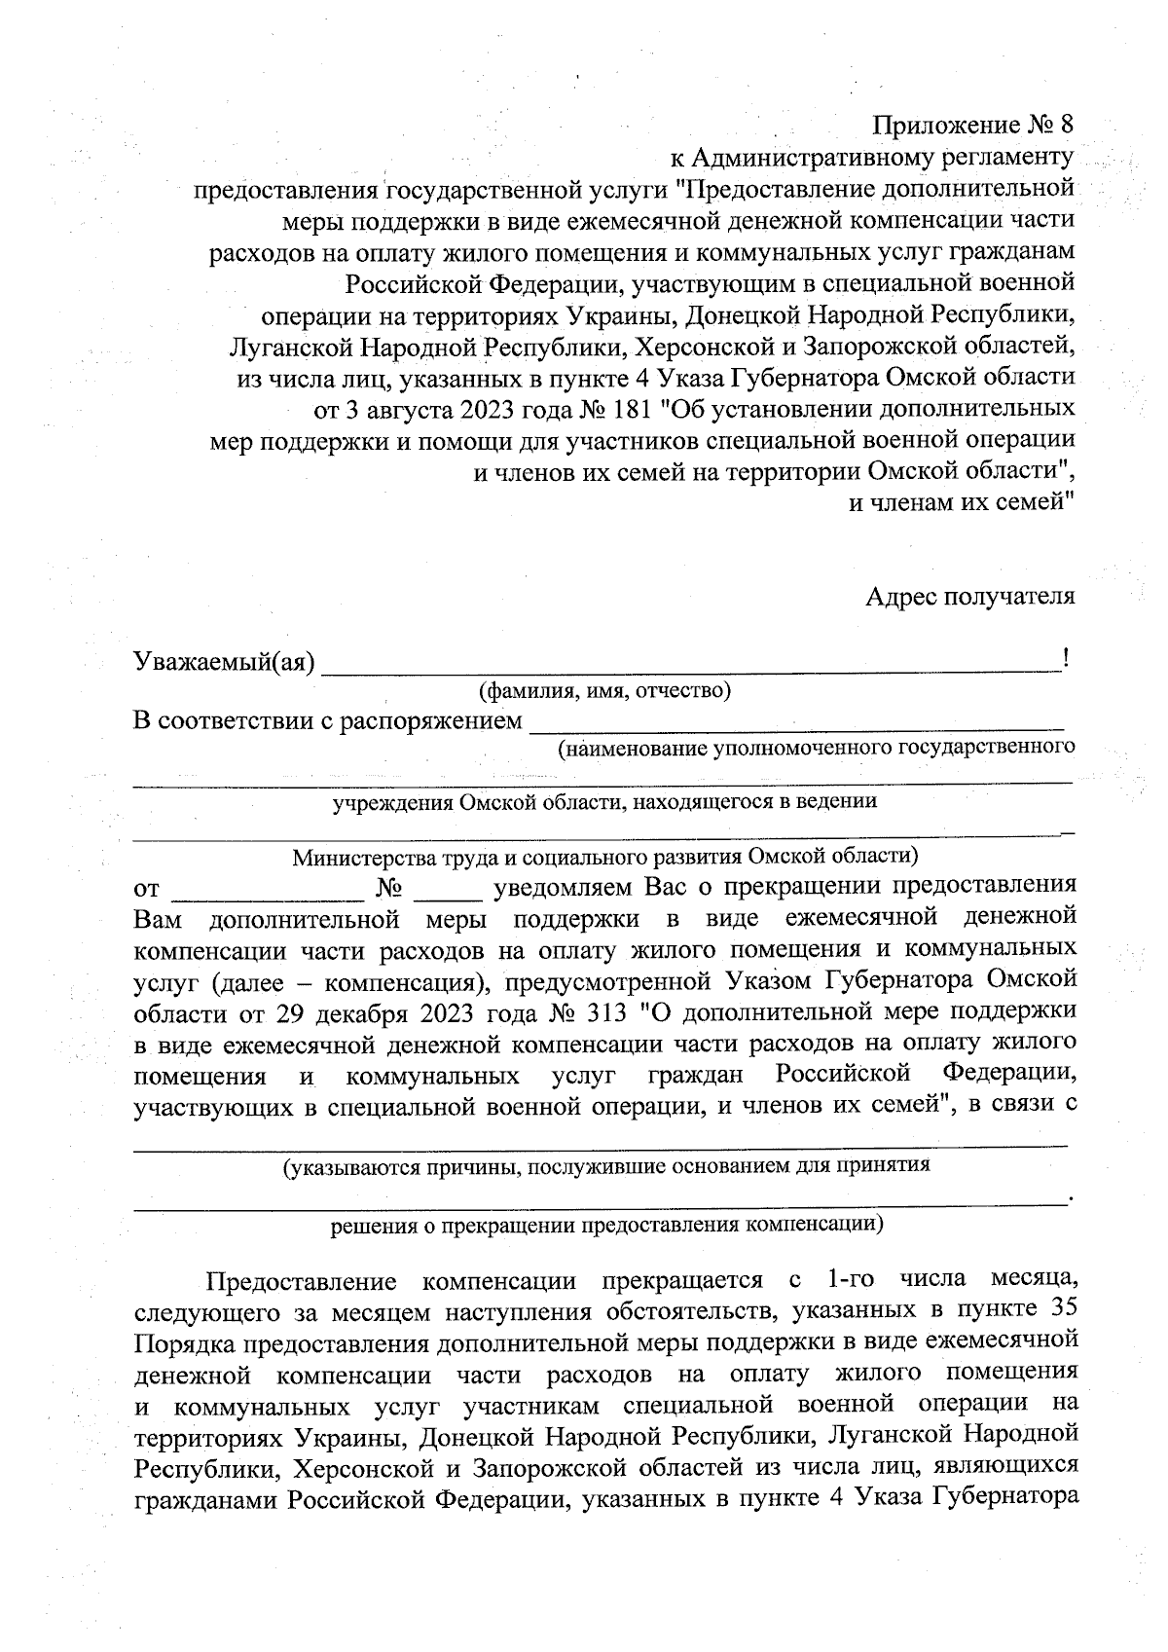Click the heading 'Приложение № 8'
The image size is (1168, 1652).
tap(973, 126)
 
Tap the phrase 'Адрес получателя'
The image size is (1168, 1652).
tap(970, 597)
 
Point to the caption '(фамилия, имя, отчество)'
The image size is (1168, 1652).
tap(603, 692)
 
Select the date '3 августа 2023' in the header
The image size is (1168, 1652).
tap(409, 408)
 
